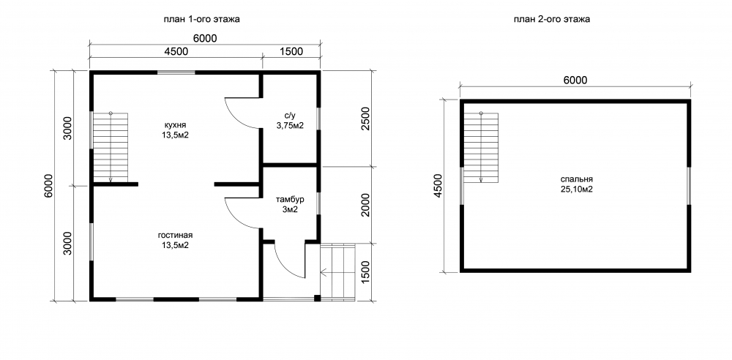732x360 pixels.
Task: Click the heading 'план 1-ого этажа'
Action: pyautogui.click(x=201, y=19)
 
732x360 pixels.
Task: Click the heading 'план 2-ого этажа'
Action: pyautogui.click(x=552, y=19)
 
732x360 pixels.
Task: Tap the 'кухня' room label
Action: pyautogui.click(x=176, y=125)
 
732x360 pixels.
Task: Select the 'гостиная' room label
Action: pyautogui.click(x=175, y=236)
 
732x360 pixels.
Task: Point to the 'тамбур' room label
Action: pyautogui.click(x=290, y=199)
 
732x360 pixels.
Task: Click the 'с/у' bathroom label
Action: pyautogui.click(x=289, y=116)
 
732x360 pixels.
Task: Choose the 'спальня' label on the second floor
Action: pyautogui.click(x=577, y=179)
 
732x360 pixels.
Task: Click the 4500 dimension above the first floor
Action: pyautogui.click(x=176, y=51)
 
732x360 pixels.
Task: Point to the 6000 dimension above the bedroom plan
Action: pyautogui.click(x=575, y=80)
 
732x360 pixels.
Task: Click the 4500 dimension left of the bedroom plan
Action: pyautogui.click(x=438, y=187)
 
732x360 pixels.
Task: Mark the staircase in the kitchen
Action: pyautogui.click(x=111, y=147)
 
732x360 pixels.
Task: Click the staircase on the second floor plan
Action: pyautogui.click(x=482, y=147)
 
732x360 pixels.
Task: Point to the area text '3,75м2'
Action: pyautogui.click(x=289, y=125)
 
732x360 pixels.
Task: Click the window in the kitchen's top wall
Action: pyautogui.click(x=176, y=72)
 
